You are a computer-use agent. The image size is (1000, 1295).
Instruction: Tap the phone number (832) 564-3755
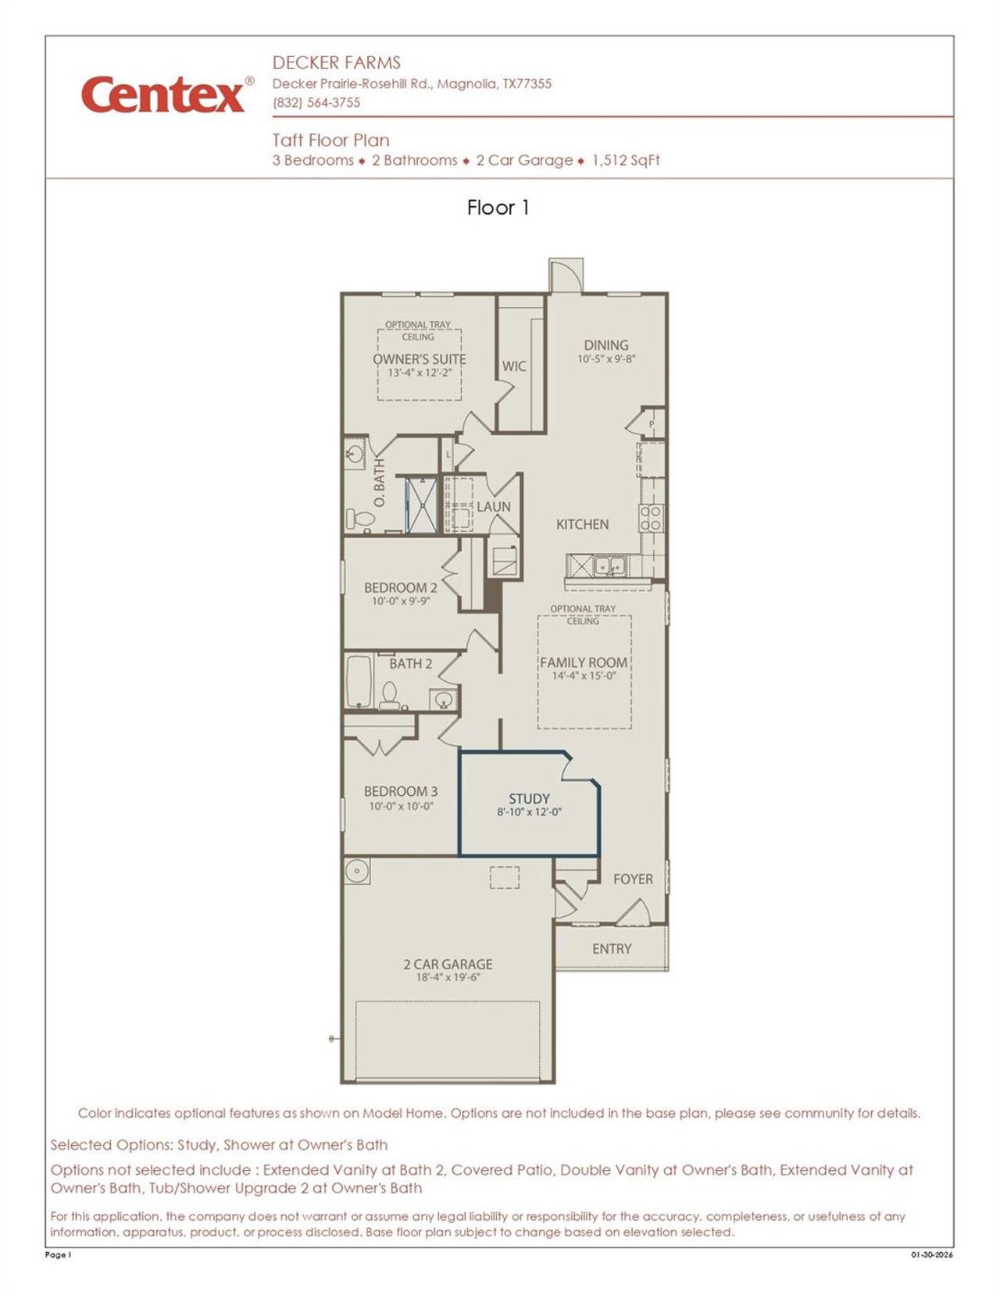316,103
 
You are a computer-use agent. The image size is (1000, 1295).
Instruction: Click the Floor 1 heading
498,208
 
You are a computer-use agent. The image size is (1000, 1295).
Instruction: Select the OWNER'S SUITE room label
419,359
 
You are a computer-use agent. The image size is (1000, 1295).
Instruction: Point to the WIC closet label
513,366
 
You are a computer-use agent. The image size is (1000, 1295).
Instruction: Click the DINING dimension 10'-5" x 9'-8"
606,359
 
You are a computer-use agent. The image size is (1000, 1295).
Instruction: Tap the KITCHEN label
582,524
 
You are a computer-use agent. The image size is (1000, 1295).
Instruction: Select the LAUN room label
494,507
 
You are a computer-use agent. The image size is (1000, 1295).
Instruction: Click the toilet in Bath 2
389,694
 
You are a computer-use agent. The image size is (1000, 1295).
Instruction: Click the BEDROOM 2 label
400,587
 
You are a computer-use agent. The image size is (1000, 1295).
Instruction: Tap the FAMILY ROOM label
584,662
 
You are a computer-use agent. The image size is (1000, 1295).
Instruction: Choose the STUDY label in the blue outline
529,799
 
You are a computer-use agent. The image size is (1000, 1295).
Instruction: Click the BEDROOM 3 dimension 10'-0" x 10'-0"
401,806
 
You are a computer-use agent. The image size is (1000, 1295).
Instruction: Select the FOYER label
633,879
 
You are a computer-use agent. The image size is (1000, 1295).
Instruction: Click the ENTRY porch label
611,949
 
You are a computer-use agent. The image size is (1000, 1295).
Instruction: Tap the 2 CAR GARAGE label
448,965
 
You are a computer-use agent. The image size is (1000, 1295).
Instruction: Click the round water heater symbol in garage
357,870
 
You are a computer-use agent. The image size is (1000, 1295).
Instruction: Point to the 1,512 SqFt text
626,161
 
